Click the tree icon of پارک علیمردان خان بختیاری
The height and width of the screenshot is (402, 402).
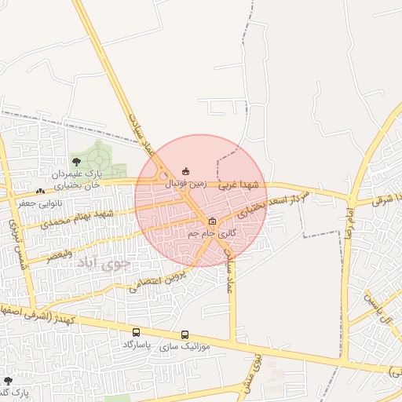point(76,162)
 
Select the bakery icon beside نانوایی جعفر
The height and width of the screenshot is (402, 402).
point(40,192)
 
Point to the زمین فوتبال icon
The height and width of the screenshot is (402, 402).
point(186,171)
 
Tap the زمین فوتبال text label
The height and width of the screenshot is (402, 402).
point(185,182)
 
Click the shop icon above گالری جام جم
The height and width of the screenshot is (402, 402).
point(212,221)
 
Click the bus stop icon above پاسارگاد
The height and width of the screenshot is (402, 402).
point(137,333)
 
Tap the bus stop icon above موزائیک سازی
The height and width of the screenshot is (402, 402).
point(185,334)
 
